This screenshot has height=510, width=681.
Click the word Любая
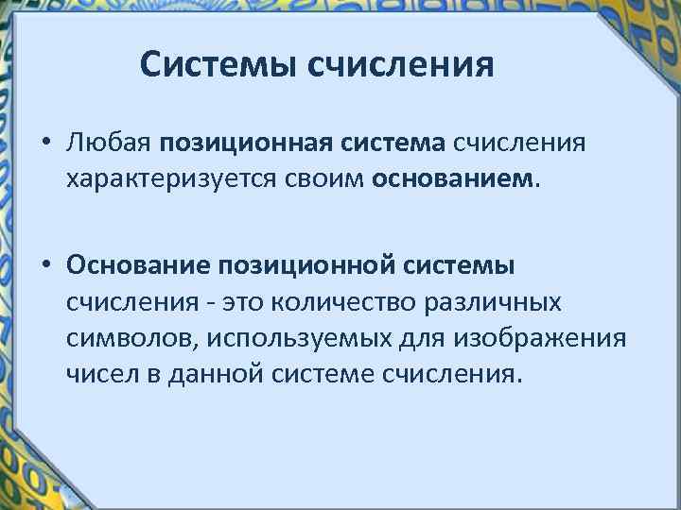pos(108,145)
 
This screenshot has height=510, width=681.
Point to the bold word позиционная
pos(244,145)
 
